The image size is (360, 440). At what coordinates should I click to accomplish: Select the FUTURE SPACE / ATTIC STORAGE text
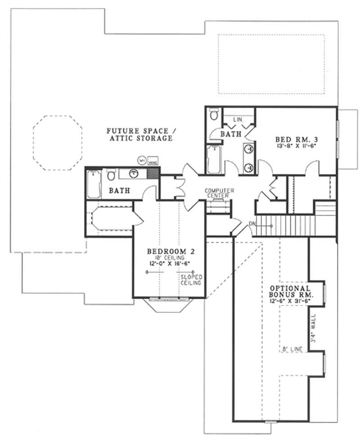[x=139, y=135]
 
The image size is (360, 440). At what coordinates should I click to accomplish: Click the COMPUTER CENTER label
[x=217, y=193]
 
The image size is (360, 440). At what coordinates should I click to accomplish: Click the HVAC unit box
[x=152, y=161]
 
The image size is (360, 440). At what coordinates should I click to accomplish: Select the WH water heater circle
[x=141, y=160]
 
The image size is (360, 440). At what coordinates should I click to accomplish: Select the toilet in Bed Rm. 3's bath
[x=215, y=114]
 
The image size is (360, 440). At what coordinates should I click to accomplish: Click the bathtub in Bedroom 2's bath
[x=94, y=184]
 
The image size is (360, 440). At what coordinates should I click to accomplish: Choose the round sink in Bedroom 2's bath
[x=133, y=173]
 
